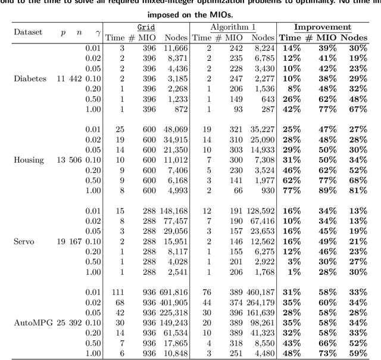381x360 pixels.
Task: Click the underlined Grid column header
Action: pyautogui.click(x=145, y=27)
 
